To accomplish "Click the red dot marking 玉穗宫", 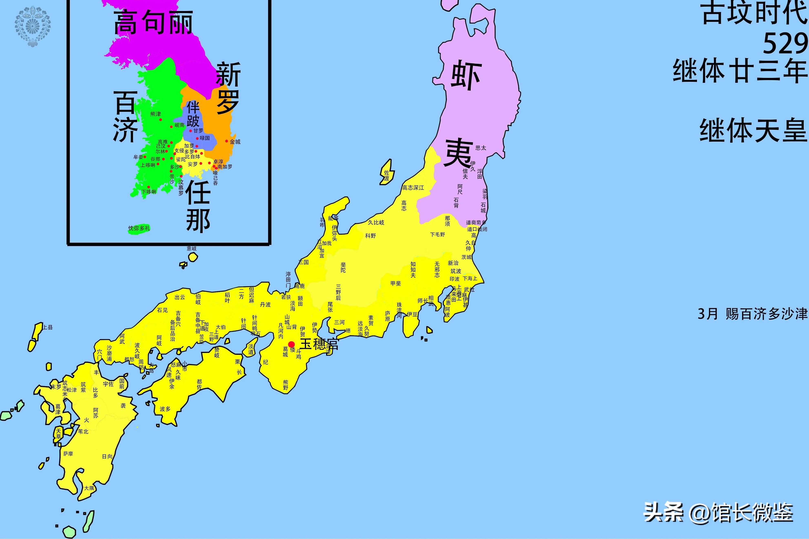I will point(291,344).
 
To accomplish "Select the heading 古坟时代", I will point(755,13).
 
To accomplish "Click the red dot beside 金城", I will point(226,141).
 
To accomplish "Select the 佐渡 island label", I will point(387,176).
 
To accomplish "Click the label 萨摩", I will point(68,454).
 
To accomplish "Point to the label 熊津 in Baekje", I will point(155,114).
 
